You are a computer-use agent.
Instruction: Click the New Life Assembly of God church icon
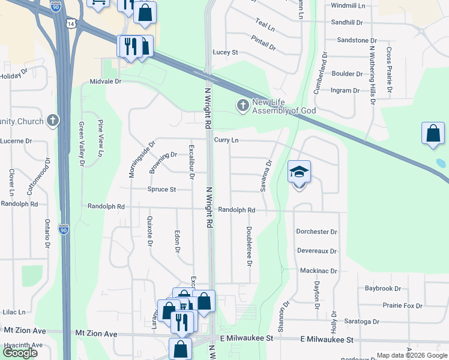coord(243,106)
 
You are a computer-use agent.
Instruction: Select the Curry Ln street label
coord(226,140)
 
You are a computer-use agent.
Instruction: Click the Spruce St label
coord(161,190)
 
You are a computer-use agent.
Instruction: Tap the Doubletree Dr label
coord(248,246)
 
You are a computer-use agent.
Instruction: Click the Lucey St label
coord(226,52)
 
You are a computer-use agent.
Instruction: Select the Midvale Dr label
coord(106,81)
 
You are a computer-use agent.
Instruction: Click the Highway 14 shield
coord(72,23)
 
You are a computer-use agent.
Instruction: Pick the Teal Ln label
coord(265,26)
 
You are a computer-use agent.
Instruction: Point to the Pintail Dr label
coord(265,42)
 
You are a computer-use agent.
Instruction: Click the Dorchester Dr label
coord(316,232)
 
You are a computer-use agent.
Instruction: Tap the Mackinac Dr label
coord(318,271)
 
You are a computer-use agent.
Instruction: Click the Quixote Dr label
coord(149,231)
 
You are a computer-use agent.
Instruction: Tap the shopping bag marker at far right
coord(433,135)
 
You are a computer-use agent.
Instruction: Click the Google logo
coord(20,353)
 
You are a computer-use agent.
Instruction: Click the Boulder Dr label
coord(347,74)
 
